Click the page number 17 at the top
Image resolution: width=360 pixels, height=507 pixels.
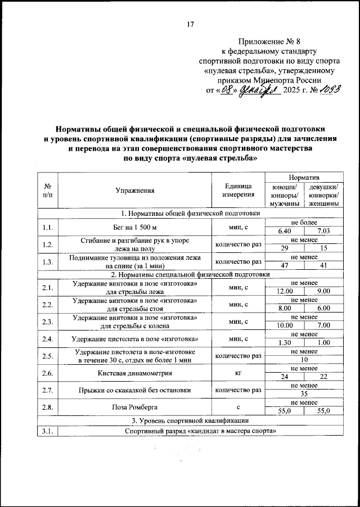(190, 24)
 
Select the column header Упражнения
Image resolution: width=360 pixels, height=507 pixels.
(135, 191)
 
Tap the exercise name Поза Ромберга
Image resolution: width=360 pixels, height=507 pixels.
(135, 406)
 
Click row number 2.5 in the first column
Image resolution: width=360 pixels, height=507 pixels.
(47, 356)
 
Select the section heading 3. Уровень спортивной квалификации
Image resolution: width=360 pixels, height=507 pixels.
(189, 420)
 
